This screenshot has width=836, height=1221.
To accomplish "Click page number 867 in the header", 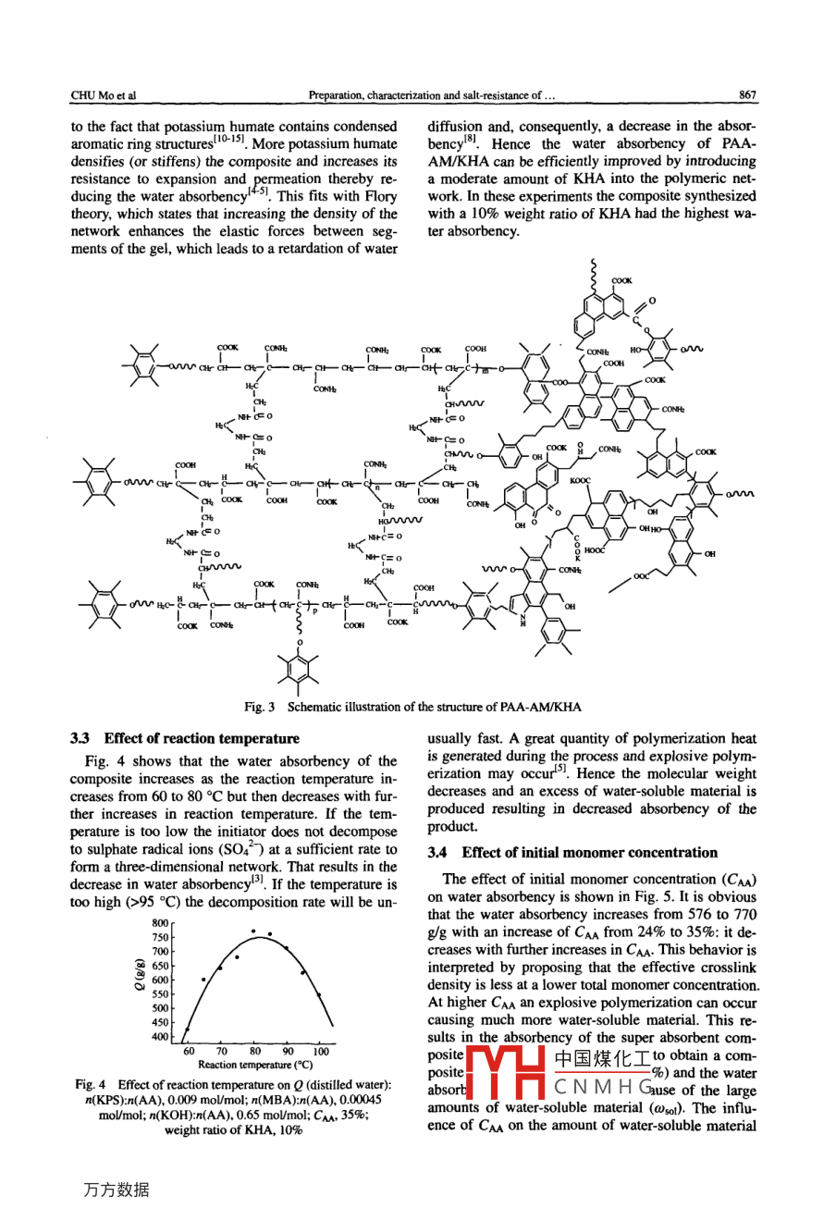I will point(747,95).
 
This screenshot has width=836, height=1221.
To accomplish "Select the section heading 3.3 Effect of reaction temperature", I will point(185,738).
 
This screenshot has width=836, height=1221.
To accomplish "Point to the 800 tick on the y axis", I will point(160,923).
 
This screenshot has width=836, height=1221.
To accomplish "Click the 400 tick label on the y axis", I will point(160,1037).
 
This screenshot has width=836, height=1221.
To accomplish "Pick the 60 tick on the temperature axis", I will point(189,1051).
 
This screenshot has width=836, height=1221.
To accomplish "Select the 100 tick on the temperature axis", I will point(320,1051).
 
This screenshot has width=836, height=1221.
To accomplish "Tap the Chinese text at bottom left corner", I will point(116,1190).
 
